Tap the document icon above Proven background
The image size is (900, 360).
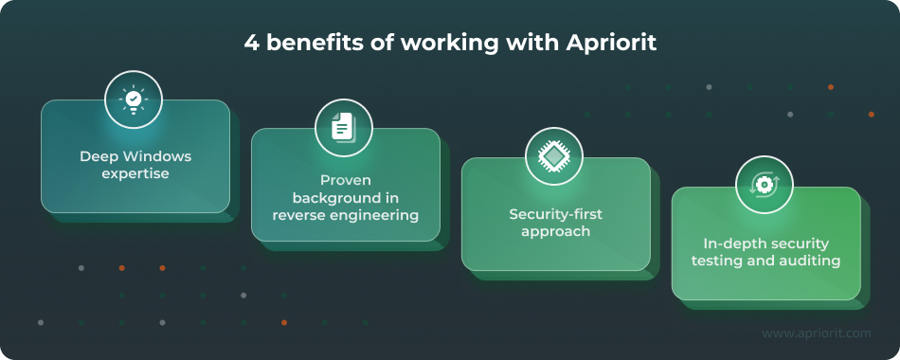[344, 127]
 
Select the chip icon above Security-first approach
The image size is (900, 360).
[554, 155]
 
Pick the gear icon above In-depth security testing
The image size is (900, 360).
[764, 184]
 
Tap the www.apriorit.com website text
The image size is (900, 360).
[816, 333]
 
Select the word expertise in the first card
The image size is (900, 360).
[135, 174]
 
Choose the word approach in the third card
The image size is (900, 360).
[555, 231]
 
